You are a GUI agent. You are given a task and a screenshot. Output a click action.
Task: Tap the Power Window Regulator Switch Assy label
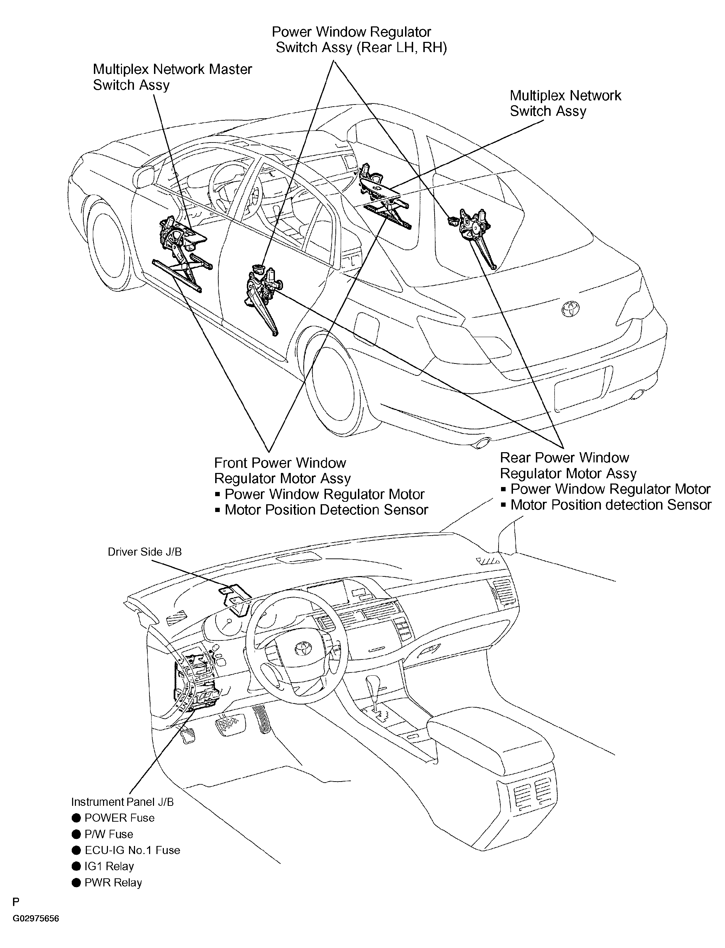359,39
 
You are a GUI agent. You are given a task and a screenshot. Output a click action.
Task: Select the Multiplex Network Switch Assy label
565,103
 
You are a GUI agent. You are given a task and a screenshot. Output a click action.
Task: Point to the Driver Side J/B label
145,552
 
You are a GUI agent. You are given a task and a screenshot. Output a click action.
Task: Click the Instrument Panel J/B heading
122,802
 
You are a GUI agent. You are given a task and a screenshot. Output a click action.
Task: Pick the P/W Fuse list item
108,834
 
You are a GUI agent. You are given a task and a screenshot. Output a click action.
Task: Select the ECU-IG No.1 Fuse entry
132,850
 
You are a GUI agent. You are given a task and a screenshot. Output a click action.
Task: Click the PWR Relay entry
113,882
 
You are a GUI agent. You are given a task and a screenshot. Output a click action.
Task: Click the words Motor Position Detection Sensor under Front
326,510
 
